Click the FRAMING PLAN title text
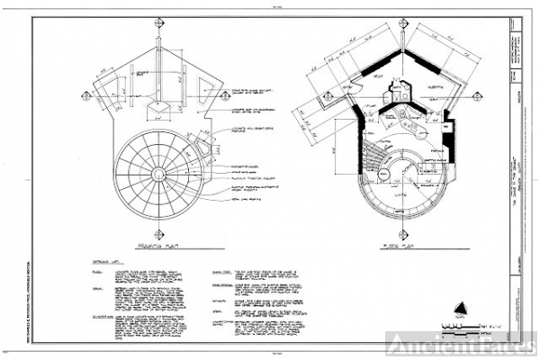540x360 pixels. [x=157, y=244]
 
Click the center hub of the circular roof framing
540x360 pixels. [x=158, y=173]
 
